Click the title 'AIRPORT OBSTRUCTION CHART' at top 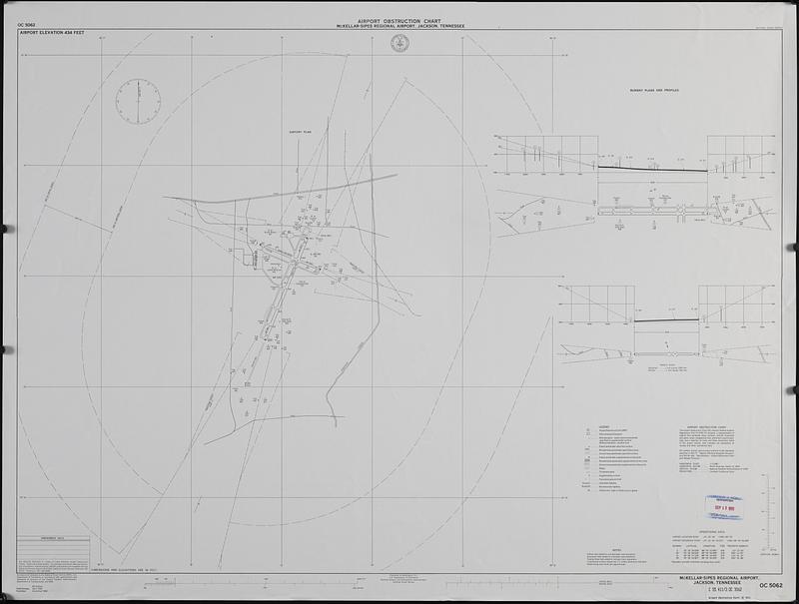coord(399,18)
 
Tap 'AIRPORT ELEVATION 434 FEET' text coord(51,33)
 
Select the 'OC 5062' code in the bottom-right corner coord(771,585)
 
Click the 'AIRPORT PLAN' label coord(302,131)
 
